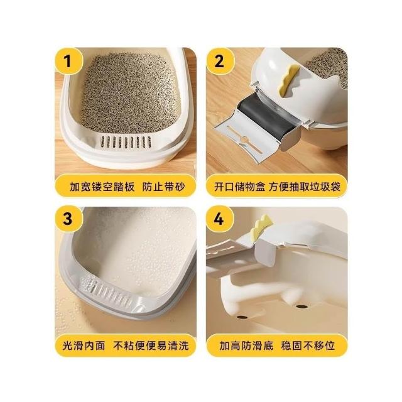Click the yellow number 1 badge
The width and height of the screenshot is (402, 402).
[x=68, y=62]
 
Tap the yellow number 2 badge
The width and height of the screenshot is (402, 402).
[x=219, y=62]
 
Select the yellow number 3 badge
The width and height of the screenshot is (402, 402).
[x=68, y=219]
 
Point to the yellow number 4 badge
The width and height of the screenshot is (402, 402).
[x=219, y=219]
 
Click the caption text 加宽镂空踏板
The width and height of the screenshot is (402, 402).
[x=102, y=187]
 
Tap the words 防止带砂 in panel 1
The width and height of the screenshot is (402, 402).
[x=163, y=187]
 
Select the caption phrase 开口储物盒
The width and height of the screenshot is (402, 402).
[x=240, y=187]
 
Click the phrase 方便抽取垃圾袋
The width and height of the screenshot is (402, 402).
[x=305, y=187]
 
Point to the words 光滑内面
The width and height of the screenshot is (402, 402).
[x=84, y=345]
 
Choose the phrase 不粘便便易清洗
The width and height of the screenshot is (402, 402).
[x=151, y=345]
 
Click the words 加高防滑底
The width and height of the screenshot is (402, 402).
[x=246, y=345]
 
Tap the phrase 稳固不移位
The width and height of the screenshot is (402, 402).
[x=308, y=345]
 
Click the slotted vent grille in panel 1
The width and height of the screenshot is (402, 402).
[x=126, y=142]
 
